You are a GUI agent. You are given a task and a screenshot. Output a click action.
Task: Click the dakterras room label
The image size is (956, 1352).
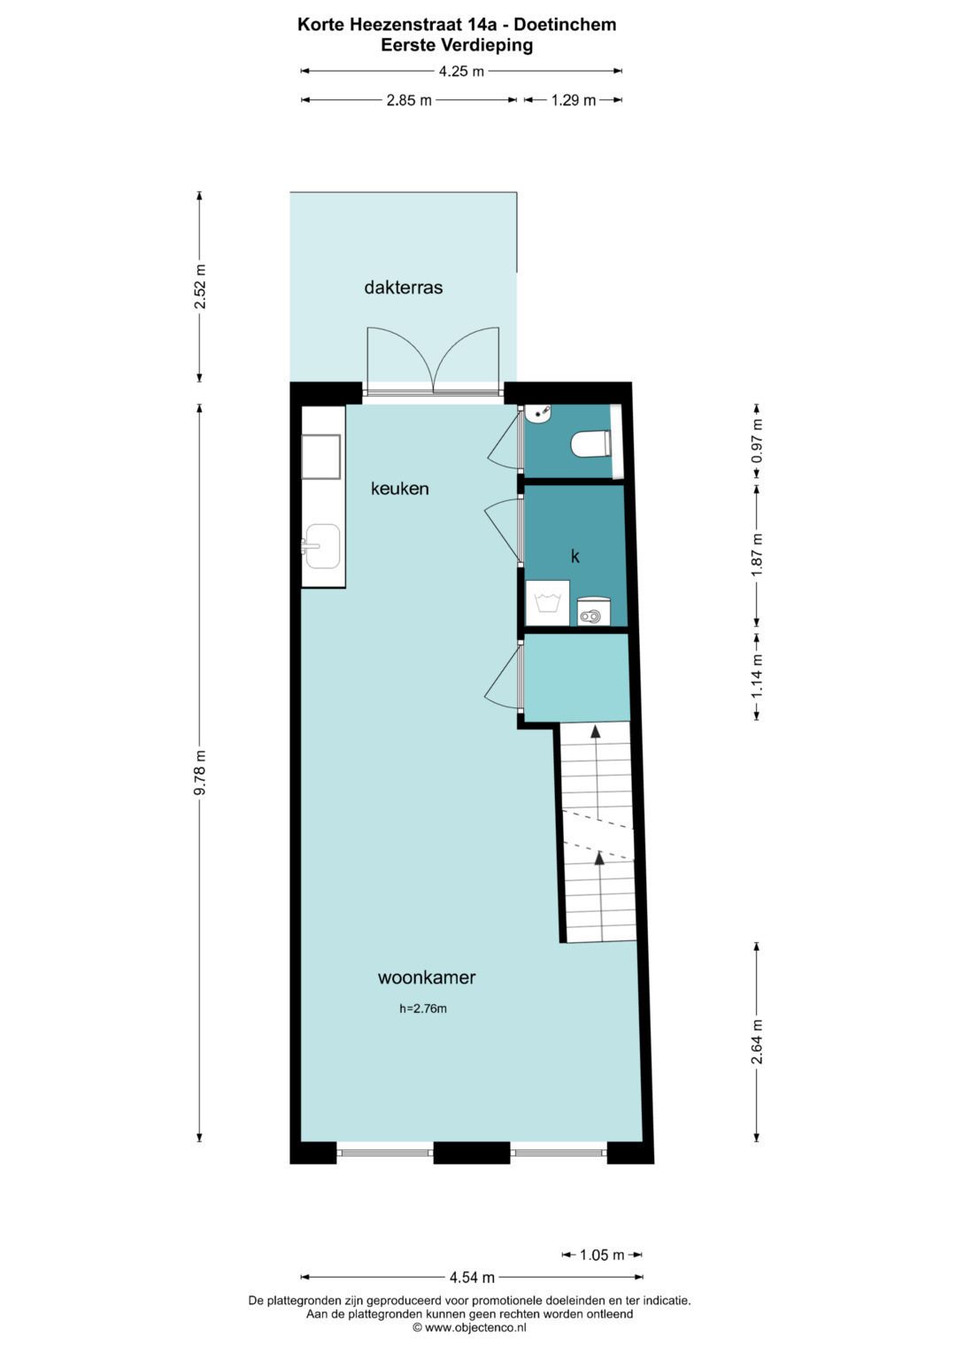click(403, 288)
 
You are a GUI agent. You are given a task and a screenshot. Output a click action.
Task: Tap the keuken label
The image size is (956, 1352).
click(399, 489)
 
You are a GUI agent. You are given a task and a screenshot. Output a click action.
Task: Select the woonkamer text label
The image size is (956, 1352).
click(427, 977)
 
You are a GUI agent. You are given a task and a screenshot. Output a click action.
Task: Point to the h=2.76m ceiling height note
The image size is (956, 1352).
click(423, 1008)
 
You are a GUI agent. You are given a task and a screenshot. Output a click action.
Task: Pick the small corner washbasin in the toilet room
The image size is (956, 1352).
click(537, 413)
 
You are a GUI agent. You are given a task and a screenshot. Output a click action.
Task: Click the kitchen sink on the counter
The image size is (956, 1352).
click(321, 545)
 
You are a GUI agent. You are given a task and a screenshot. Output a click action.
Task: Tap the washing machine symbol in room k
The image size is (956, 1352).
click(547, 603)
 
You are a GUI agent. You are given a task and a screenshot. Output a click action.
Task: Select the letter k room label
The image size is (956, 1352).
click(575, 556)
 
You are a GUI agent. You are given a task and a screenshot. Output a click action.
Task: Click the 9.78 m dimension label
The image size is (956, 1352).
click(200, 773)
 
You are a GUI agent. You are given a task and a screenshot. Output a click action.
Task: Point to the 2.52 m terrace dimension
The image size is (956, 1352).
click(200, 287)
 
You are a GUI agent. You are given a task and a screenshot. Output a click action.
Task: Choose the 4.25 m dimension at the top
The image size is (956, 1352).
click(461, 72)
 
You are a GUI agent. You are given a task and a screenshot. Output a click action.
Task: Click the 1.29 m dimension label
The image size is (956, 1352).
click(573, 100)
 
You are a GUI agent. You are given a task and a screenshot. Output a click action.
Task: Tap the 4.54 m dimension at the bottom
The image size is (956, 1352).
click(472, 1277)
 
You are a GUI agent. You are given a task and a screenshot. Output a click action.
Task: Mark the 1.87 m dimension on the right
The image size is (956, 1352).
click(757, 556)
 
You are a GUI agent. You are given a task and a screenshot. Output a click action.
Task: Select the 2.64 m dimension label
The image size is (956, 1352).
click(757, 1042)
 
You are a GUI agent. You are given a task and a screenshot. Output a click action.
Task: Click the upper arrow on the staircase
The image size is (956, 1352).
click(596, 732)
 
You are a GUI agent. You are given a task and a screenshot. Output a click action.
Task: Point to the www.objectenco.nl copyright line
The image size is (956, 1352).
click(469, 1327)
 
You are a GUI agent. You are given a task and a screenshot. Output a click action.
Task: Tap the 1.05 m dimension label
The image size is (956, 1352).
click(602, 1255)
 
